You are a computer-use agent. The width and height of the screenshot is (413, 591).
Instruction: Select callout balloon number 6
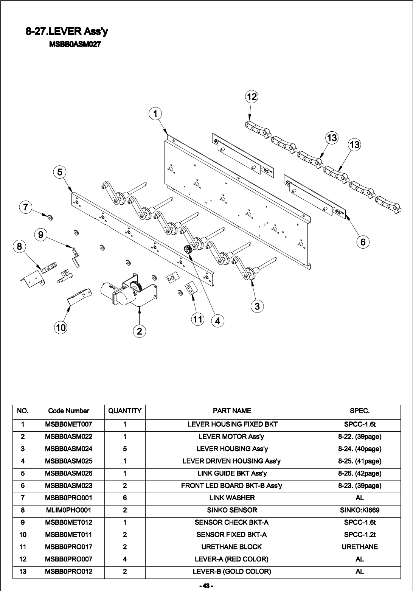[x=363, y=242]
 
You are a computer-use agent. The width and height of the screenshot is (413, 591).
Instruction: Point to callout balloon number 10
[x=61, y=327]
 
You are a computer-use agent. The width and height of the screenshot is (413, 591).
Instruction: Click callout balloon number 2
[x=140, y=331]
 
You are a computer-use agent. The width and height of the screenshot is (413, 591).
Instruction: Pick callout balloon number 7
[x=25, y=207]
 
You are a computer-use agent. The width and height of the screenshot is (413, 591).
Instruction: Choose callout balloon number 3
[x=257, y=306]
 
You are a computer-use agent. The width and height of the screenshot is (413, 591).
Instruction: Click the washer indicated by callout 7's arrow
[x=50, y=217]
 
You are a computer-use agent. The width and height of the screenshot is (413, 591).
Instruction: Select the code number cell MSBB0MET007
[x=68, y=424]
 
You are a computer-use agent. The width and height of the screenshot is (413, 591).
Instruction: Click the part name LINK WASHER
[x=232, y=498]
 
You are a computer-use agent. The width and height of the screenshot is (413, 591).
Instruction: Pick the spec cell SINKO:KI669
[x=359, y=510]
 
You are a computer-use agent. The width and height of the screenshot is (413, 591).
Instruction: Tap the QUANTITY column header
[x=125, y=411]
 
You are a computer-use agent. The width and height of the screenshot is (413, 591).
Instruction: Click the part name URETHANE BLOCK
[x=232, y=547]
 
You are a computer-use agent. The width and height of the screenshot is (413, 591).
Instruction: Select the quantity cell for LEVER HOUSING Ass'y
[x=125, y=449]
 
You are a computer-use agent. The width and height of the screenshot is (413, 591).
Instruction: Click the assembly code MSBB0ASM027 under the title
[x=75, y=45]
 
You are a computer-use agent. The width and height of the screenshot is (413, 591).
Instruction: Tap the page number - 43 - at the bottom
[x=206, y=586]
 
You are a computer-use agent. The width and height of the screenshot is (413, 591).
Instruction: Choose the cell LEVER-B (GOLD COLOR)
[x=232, y=571]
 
